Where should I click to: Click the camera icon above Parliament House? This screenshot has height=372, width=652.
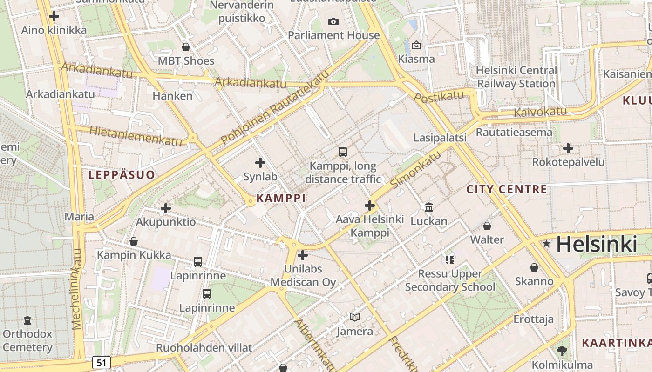click(333, 21)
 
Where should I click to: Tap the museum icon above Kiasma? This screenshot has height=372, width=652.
click(416, 45)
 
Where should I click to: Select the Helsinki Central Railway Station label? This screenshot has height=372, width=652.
click(516, 77)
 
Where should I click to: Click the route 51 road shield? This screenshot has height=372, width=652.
click(101, 363)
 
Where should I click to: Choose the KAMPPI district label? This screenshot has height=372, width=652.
click(281, 198)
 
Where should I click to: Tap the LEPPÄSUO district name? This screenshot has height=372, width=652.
click(122, 175)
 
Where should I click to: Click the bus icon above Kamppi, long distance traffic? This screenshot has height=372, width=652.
click(343, 152)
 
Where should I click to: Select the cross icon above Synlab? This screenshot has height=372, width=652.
click(260, 163)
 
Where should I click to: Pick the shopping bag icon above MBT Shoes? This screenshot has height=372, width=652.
click(186, 47)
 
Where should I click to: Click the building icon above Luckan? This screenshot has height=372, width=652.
click(429, 207)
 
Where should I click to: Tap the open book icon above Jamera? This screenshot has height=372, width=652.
click(355, 318)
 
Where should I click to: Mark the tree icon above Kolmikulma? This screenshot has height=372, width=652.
click(562, 351)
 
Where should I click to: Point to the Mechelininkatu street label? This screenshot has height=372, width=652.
click(77, 289)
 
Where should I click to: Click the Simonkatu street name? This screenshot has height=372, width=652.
click(416, 170)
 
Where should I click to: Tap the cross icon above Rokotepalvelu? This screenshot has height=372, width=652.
click(568, 148)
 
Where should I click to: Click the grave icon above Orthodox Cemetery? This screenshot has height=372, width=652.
click(27, 320)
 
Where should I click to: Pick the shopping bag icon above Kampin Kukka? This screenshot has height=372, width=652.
click(134, 241)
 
